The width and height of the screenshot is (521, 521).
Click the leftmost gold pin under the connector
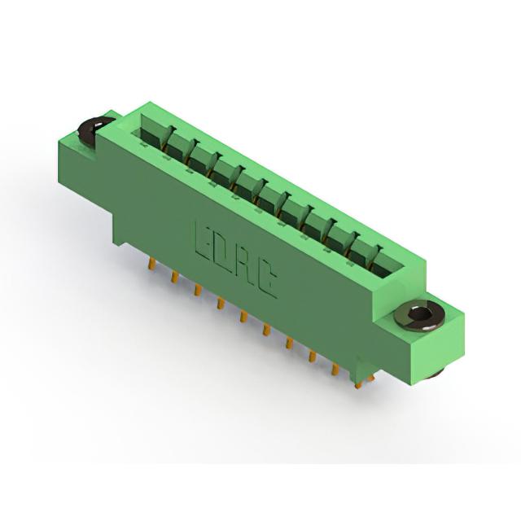point(151,265)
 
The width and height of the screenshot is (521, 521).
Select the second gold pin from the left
point(174,277)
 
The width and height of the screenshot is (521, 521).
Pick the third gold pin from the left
point(197,290)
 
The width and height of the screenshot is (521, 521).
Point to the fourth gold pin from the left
point(220,302)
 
